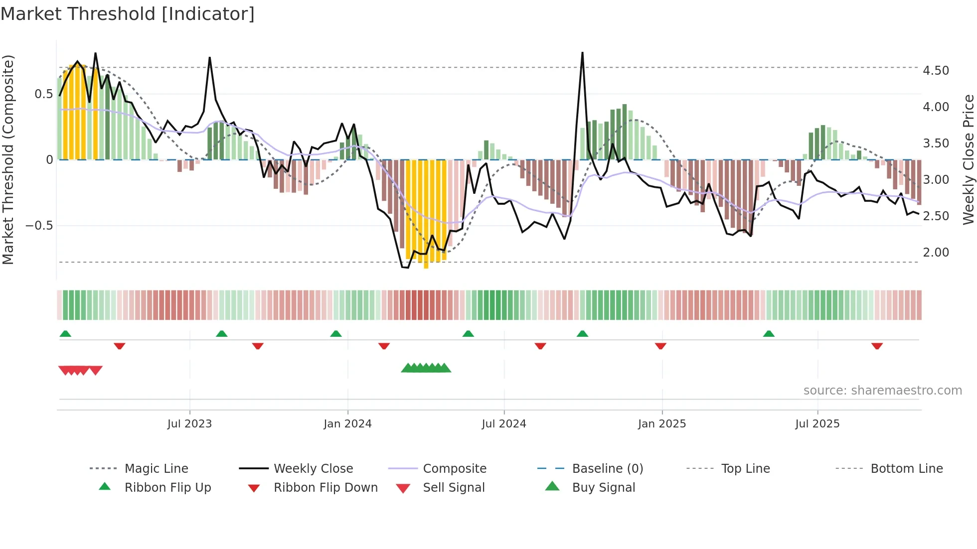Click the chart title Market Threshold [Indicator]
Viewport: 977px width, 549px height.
click(x=128, y=14)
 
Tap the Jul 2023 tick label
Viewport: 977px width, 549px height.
click(x=189, y=424)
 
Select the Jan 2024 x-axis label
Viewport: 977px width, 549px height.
click(x=347, y=424)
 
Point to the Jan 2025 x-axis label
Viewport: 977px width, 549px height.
click(x=662, y=424)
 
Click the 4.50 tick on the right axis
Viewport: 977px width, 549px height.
click(x=936, y=71)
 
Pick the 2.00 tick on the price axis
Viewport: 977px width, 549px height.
click(x=936, y=253)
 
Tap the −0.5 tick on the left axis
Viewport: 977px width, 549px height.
click(x=39, y=226)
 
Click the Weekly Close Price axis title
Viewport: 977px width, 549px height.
click(x=968, y=159)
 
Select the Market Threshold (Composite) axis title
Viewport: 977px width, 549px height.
click(x=8, y=159)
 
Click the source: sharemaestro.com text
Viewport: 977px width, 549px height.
click(x=882, y=391)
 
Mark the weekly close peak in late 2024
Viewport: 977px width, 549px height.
click(x=582, y=53)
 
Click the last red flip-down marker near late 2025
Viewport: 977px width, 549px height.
click(x=877, y=346)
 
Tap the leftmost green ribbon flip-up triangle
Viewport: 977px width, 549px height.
click(x=65, y=334)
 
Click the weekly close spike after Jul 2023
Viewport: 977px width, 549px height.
click(x=210, y=58)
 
